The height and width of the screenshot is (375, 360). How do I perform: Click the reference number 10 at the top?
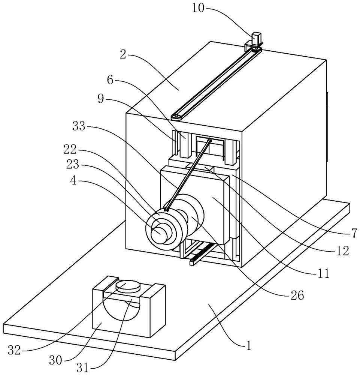click(x=198, y=8)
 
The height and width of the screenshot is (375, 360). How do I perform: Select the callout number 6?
click(x=110, y=80)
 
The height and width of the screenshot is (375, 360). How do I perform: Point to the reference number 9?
click(x=101, y=98)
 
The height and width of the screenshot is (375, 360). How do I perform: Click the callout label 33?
click(x=79, y=126)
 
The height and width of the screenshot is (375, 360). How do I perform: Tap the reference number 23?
click(x=72, y=165)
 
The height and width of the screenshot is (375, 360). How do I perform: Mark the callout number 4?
click(x=73, y=181)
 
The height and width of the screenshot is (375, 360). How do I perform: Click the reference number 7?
click(x=353, y=233)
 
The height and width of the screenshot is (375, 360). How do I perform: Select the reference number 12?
click(x=343, y=251)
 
